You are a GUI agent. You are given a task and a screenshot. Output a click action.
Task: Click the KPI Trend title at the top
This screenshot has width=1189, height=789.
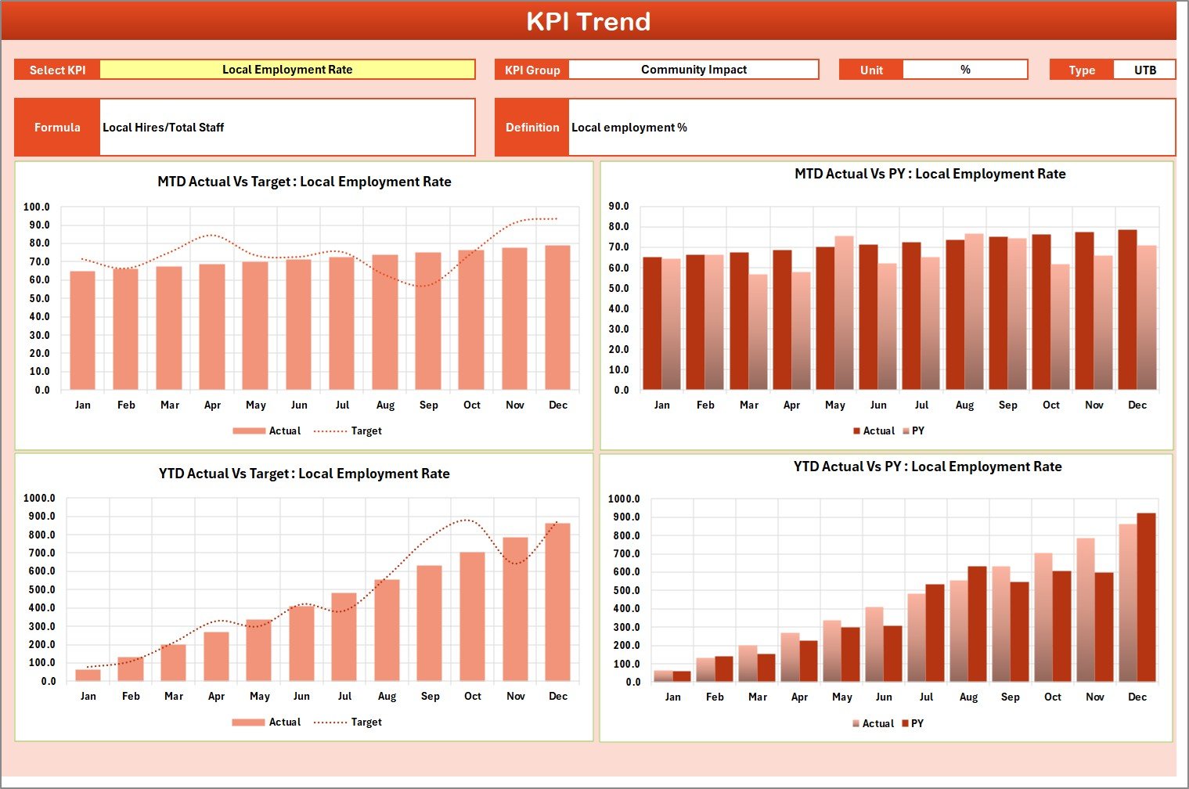pos(588,21)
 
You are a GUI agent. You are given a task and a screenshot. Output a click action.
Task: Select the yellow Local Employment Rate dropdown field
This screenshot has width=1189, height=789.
pos(287,70)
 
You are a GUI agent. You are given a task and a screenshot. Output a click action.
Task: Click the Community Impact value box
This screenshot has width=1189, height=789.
pos(694,70)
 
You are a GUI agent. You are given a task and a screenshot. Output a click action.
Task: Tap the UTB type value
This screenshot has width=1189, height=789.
pos(1144,70)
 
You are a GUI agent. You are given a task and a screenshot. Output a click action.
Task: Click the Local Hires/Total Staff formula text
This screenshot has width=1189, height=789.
pos(164,128)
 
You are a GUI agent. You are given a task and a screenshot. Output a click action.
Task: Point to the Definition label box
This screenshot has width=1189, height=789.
pos(532,128)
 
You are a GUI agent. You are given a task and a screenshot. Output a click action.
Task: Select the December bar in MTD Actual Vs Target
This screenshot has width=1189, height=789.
pos(557,318)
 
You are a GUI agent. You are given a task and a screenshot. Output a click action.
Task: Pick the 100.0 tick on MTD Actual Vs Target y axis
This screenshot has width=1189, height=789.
pos(36,207)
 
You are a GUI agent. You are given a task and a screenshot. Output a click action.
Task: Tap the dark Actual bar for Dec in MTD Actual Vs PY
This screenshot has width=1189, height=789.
pos(1127,310)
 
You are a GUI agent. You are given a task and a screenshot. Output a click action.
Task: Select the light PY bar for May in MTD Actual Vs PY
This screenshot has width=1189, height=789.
pos(844,313)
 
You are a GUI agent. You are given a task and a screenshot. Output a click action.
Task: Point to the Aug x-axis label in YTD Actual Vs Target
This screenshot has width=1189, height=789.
pos(387,697)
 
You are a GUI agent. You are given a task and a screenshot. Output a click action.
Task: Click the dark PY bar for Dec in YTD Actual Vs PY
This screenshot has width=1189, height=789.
pos(1146,597)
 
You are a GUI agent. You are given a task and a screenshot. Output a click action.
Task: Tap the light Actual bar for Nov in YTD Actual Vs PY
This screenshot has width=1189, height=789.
pos(1086,610)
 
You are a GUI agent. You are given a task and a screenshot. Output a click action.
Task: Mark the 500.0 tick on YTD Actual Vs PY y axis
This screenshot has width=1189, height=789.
pos(626,591)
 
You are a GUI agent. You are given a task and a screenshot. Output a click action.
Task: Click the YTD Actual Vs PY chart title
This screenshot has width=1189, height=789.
pos(928,467)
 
